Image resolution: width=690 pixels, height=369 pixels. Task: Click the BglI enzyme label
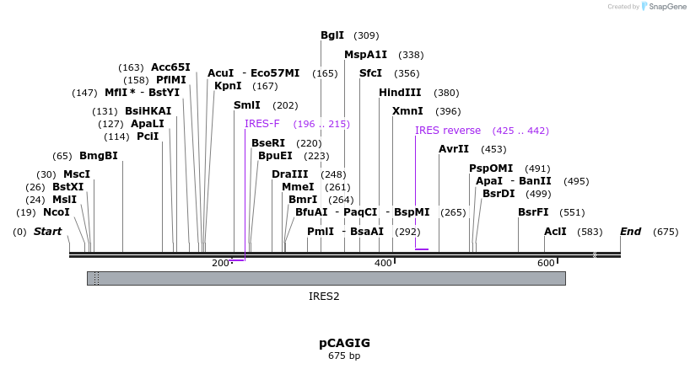pos(332,35)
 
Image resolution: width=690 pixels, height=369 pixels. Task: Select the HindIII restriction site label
pos(400,93)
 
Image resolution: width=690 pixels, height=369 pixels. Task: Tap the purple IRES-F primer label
pos(261,124)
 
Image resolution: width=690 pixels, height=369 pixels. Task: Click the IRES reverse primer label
pos(448,131)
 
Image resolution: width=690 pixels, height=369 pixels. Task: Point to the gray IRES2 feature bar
pos(326,278)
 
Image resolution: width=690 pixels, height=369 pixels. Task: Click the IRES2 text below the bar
pos(324,297)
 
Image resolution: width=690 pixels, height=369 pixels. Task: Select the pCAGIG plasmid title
pos(344,343)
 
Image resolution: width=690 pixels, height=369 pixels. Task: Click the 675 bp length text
pos(344,356)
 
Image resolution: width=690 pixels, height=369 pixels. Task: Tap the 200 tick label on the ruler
pos(220,263)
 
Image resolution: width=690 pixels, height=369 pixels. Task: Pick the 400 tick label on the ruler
pos(383,263)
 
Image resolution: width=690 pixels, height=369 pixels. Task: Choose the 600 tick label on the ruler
pos(546,263)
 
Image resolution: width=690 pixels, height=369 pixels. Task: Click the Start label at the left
pos(48,231)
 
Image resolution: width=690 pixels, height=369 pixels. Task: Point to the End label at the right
pos(631,231)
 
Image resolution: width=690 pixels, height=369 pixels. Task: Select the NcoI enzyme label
pos(57,212)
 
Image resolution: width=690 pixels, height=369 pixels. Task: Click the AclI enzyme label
pos(555,231)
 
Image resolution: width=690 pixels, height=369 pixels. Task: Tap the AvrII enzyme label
pos(454,149)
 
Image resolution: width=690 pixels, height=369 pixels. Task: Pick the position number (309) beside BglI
pos(366,35)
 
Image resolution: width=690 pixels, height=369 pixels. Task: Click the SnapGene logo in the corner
pos(663,7)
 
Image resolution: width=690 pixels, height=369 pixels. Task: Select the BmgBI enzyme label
pos(98,156)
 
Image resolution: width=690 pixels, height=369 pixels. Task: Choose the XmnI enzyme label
pos(407,111)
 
